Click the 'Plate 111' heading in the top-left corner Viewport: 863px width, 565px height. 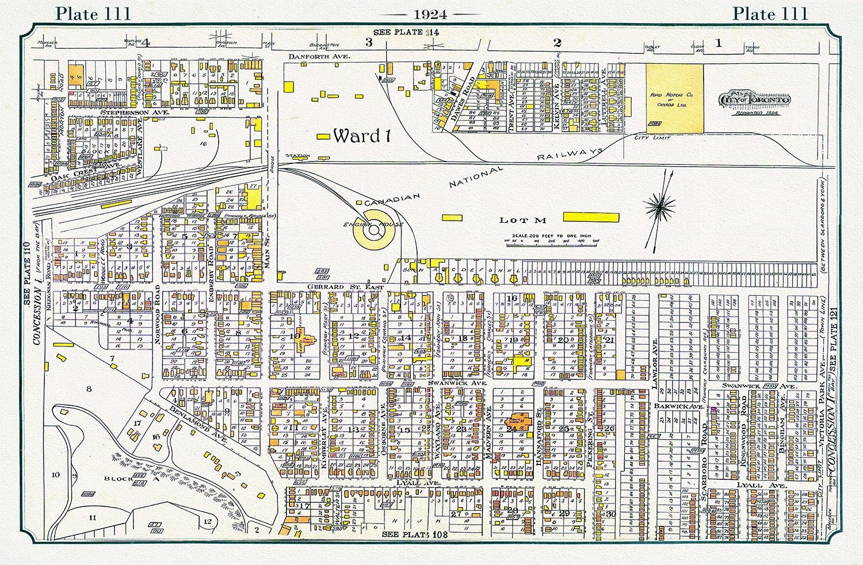click(93, 13)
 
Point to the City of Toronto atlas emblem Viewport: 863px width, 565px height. click(754, 101)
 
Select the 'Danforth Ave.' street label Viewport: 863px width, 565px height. click(311, 56)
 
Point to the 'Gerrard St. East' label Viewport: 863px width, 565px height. click(335, 286)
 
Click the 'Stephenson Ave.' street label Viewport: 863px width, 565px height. click(135, 113)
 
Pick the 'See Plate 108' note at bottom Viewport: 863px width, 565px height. click(414, 535)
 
